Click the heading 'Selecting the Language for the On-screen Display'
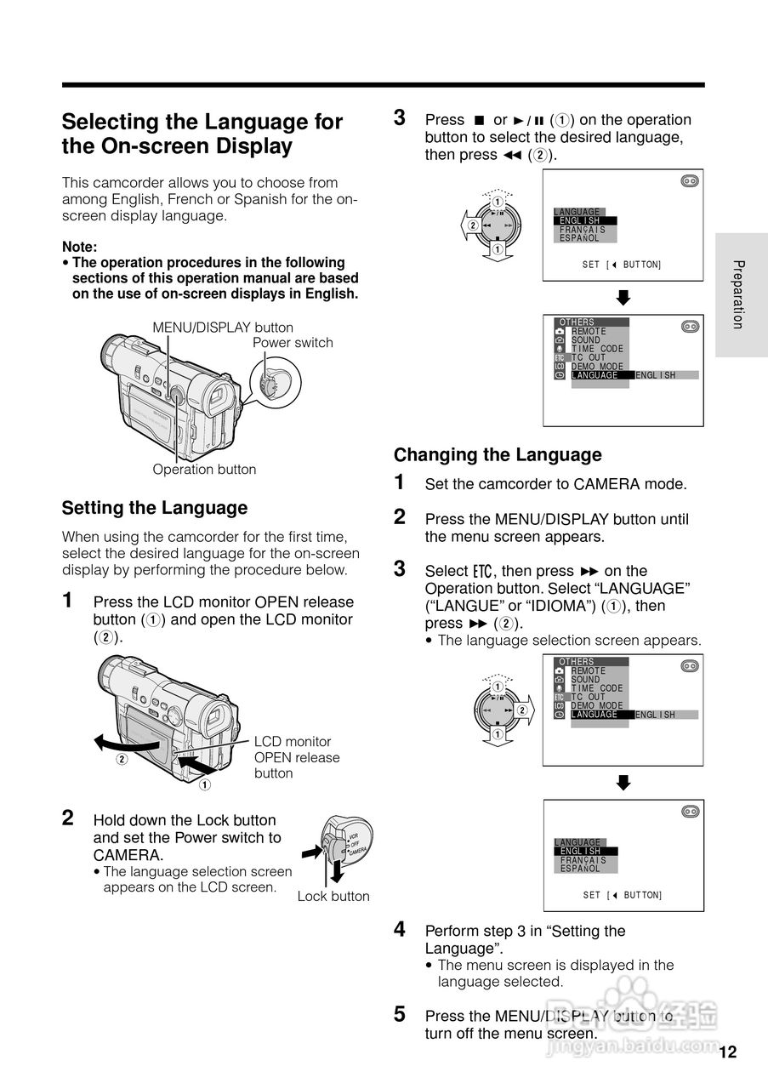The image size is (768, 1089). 202,134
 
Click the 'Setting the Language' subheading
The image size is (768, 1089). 155,508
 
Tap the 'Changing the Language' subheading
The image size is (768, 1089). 498,454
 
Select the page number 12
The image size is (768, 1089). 727,1052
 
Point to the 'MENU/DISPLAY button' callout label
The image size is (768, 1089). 223,328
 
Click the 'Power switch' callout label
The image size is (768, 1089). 293,343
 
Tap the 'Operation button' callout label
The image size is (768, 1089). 204,470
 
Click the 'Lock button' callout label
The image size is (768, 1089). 333,896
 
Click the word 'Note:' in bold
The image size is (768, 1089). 80,247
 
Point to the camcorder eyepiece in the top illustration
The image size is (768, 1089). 216,393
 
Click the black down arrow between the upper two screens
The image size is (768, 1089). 623,298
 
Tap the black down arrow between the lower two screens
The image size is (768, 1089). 623,783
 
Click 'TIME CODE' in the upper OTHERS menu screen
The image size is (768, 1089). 597,349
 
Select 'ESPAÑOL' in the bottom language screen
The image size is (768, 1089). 580,869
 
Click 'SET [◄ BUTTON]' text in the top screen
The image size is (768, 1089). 622,265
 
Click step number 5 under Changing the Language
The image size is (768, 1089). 400,1014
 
